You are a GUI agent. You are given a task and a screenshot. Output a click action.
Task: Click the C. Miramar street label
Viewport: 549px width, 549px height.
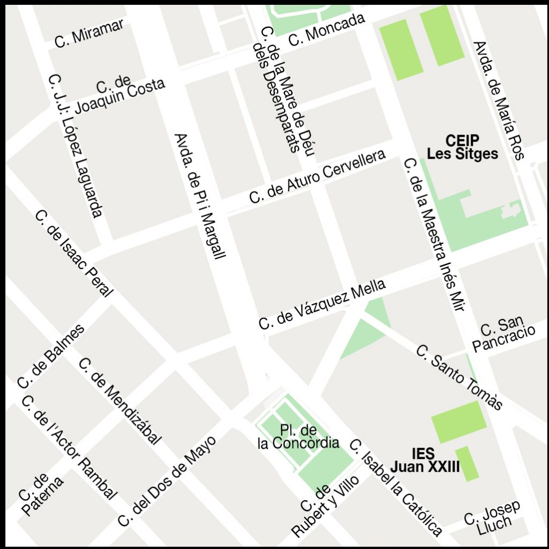[90, 34]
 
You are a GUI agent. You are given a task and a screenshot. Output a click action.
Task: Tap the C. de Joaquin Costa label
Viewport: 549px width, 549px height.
[119, 94]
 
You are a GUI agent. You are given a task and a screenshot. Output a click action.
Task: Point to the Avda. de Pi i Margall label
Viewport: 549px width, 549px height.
[201, 196]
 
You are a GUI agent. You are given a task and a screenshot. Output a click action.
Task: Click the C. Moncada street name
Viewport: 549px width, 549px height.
[327, 29]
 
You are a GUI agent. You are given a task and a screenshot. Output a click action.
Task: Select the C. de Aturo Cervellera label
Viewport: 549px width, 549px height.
[317, 177]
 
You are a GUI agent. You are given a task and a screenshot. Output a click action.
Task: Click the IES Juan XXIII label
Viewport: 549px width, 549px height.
[425, 460]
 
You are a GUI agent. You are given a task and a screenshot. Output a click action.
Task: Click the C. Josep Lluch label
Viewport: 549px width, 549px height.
[493, 515]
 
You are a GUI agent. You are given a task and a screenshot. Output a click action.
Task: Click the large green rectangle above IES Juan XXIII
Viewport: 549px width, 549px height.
[459, 421]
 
